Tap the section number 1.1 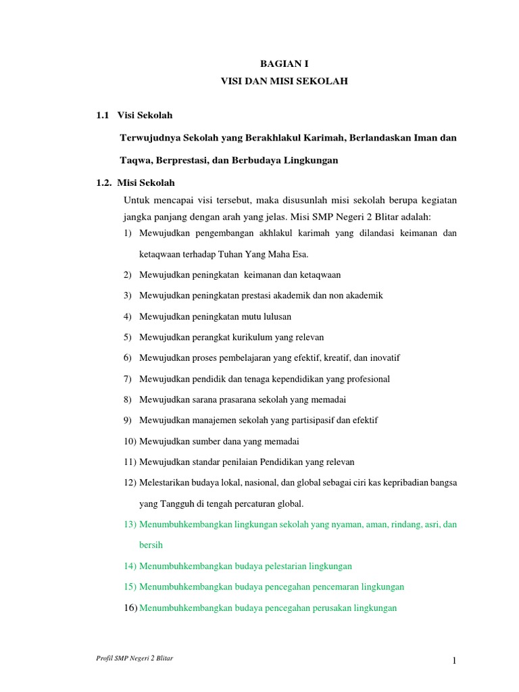tap(103, 116)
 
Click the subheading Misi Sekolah tap(146, 182)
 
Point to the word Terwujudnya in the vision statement tap(149, 138)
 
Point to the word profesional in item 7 tap(366, 378)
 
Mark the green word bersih tap(151, 545)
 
